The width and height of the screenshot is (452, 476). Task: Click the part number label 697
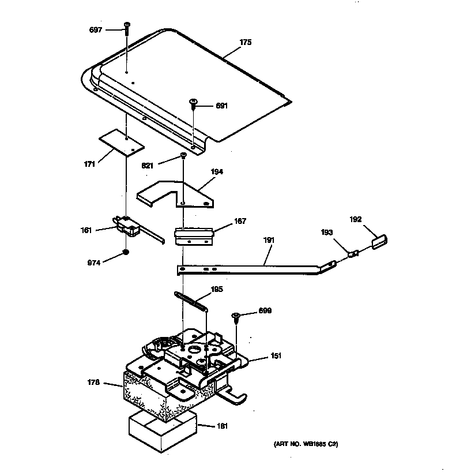[x=95, y=29]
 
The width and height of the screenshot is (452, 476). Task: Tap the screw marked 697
[x=126, y=27]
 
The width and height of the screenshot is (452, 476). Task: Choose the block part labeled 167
[x=193, y=236]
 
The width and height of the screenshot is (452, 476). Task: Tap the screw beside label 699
[x=236, y=316]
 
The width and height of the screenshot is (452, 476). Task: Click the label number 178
[x=93, y=382]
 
